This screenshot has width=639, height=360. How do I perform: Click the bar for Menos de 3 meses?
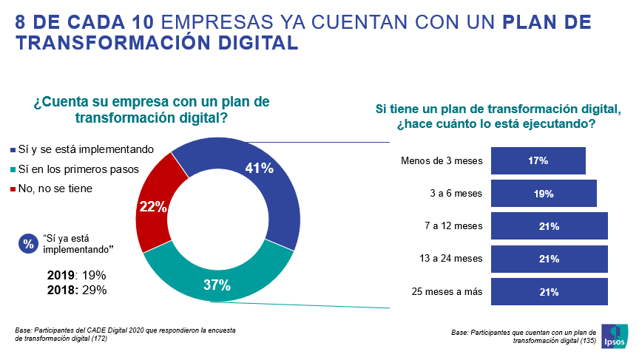coord(538,160)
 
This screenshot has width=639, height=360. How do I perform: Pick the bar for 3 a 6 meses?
coord(544,194)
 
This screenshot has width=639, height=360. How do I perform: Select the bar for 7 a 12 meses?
coord(549,226)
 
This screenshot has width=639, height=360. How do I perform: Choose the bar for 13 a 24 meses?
coord(549,259)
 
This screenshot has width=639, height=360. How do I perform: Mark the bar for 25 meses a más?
coord(549,292)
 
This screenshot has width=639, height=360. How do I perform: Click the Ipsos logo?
coord(615,335)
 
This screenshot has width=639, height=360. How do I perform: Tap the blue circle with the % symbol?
coord(28,243)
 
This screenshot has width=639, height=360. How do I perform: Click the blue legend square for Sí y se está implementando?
coord(12,149)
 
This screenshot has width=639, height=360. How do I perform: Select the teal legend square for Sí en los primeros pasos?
coord(12,169)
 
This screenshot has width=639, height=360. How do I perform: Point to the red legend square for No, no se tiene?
coord(12,189)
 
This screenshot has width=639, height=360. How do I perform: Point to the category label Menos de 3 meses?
coord(441,160)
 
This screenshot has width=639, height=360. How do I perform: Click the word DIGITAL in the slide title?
coord(255,43)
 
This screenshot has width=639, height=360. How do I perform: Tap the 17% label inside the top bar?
coord(538,160)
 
